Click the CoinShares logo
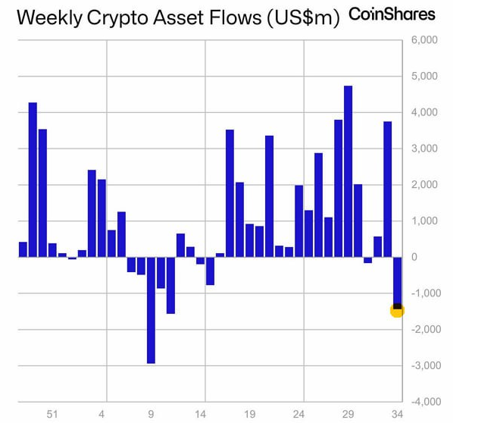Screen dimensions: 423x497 point(392,14)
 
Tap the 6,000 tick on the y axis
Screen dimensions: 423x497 point(424,39)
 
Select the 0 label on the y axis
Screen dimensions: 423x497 point(414,257)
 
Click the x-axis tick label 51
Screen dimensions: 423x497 point(52,415)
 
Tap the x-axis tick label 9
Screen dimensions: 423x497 point(151,415)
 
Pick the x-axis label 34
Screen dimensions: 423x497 point(396,415)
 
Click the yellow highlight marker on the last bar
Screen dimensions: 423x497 point(397,309)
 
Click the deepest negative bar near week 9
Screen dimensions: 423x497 point(151,310)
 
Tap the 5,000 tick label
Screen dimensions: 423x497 point(424,76)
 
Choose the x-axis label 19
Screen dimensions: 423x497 point(249,415)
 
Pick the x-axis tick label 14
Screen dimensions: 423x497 point(200,415)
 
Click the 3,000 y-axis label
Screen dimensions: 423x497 point(424,149)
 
